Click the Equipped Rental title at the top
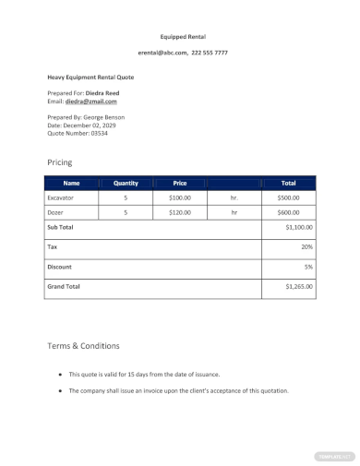[183, 37]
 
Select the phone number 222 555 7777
[210, 53]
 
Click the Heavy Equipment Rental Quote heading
[90, 78]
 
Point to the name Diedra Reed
[102, 93]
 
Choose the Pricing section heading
[59, 161]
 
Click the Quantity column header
[126, 183]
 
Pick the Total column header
[289, 183]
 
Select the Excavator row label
[60, 197]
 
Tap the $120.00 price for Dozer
[180, 212]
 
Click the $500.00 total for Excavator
[289, 197]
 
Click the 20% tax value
[306, 247]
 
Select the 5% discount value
[308, 267]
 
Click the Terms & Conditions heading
[83, 346]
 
